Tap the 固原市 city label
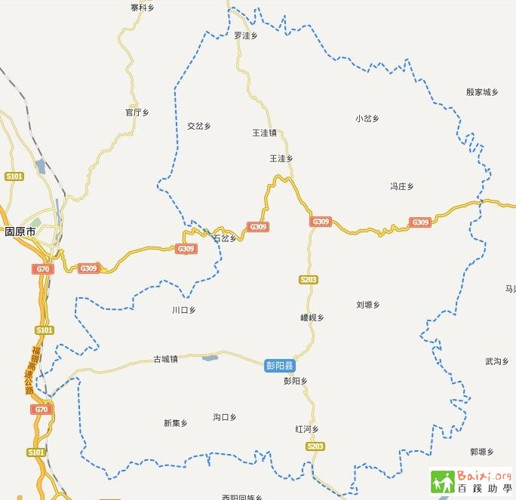[20, 232]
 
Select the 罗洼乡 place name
[246, 35]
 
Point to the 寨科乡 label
[142, 8]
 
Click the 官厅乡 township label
[137, 112]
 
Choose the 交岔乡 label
[199, 126]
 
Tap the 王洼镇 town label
[264, 133]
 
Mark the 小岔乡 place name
[367, 118]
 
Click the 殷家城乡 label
[483, 92]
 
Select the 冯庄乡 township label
[401, 186]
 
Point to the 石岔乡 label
[225, 238]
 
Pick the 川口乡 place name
[183, 310]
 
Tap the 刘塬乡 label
[367, 305]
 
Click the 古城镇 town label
[165, 360]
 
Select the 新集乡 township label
[175, 423]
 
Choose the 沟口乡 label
[225, 417]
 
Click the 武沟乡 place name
[497, 362]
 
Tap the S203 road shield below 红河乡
[315, 447]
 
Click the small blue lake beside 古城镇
[210, 357]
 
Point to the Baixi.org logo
[471, 480]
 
